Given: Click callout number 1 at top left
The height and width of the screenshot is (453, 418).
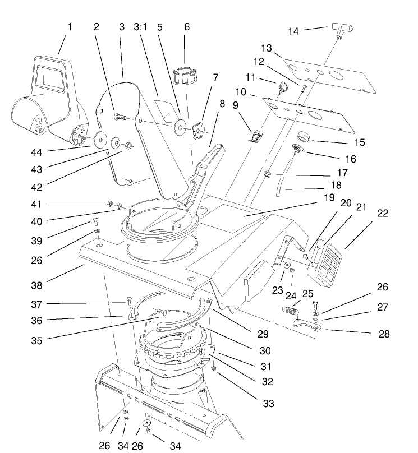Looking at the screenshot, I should point(70,26).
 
